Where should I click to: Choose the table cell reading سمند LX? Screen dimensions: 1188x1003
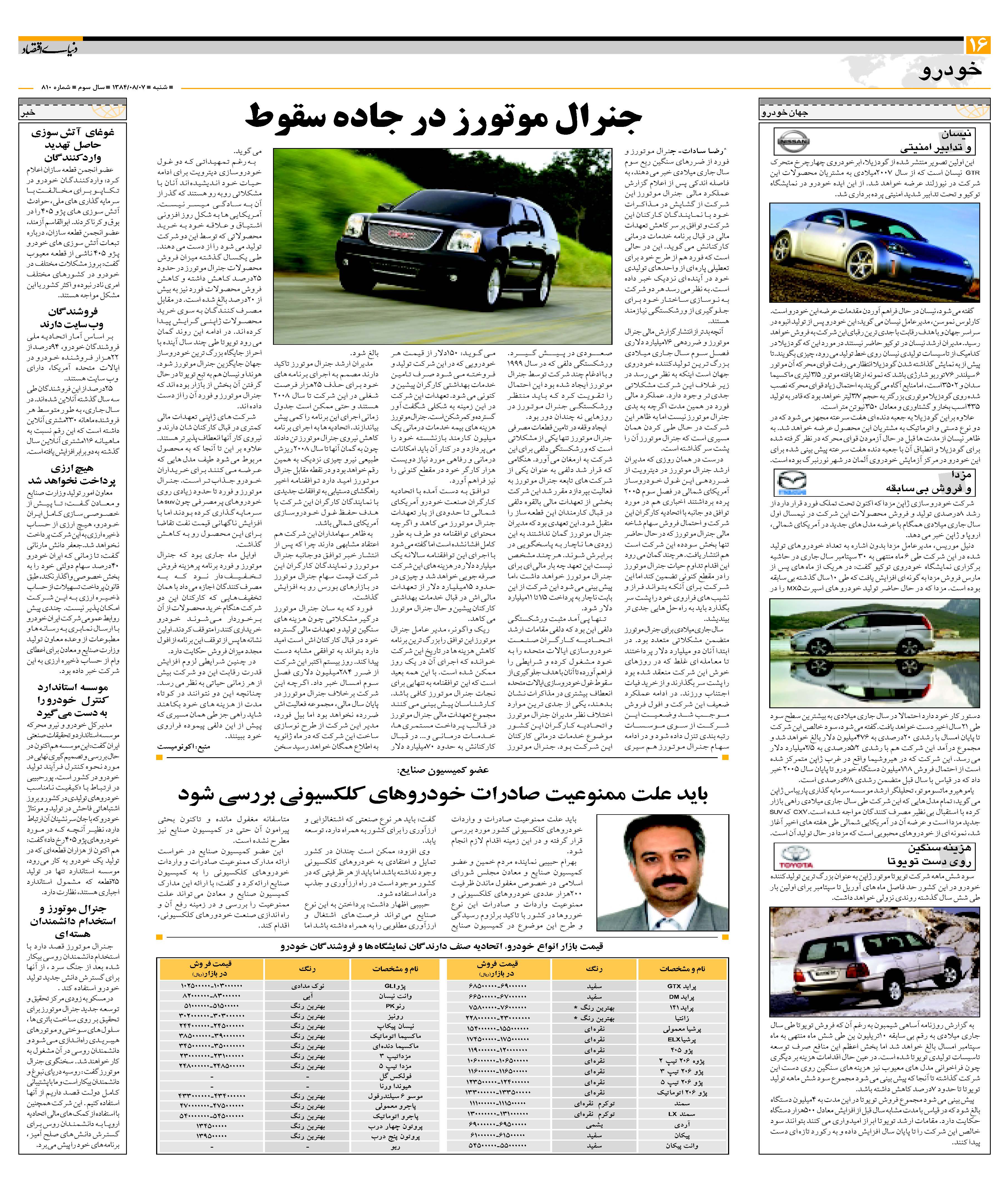point(681,1114)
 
